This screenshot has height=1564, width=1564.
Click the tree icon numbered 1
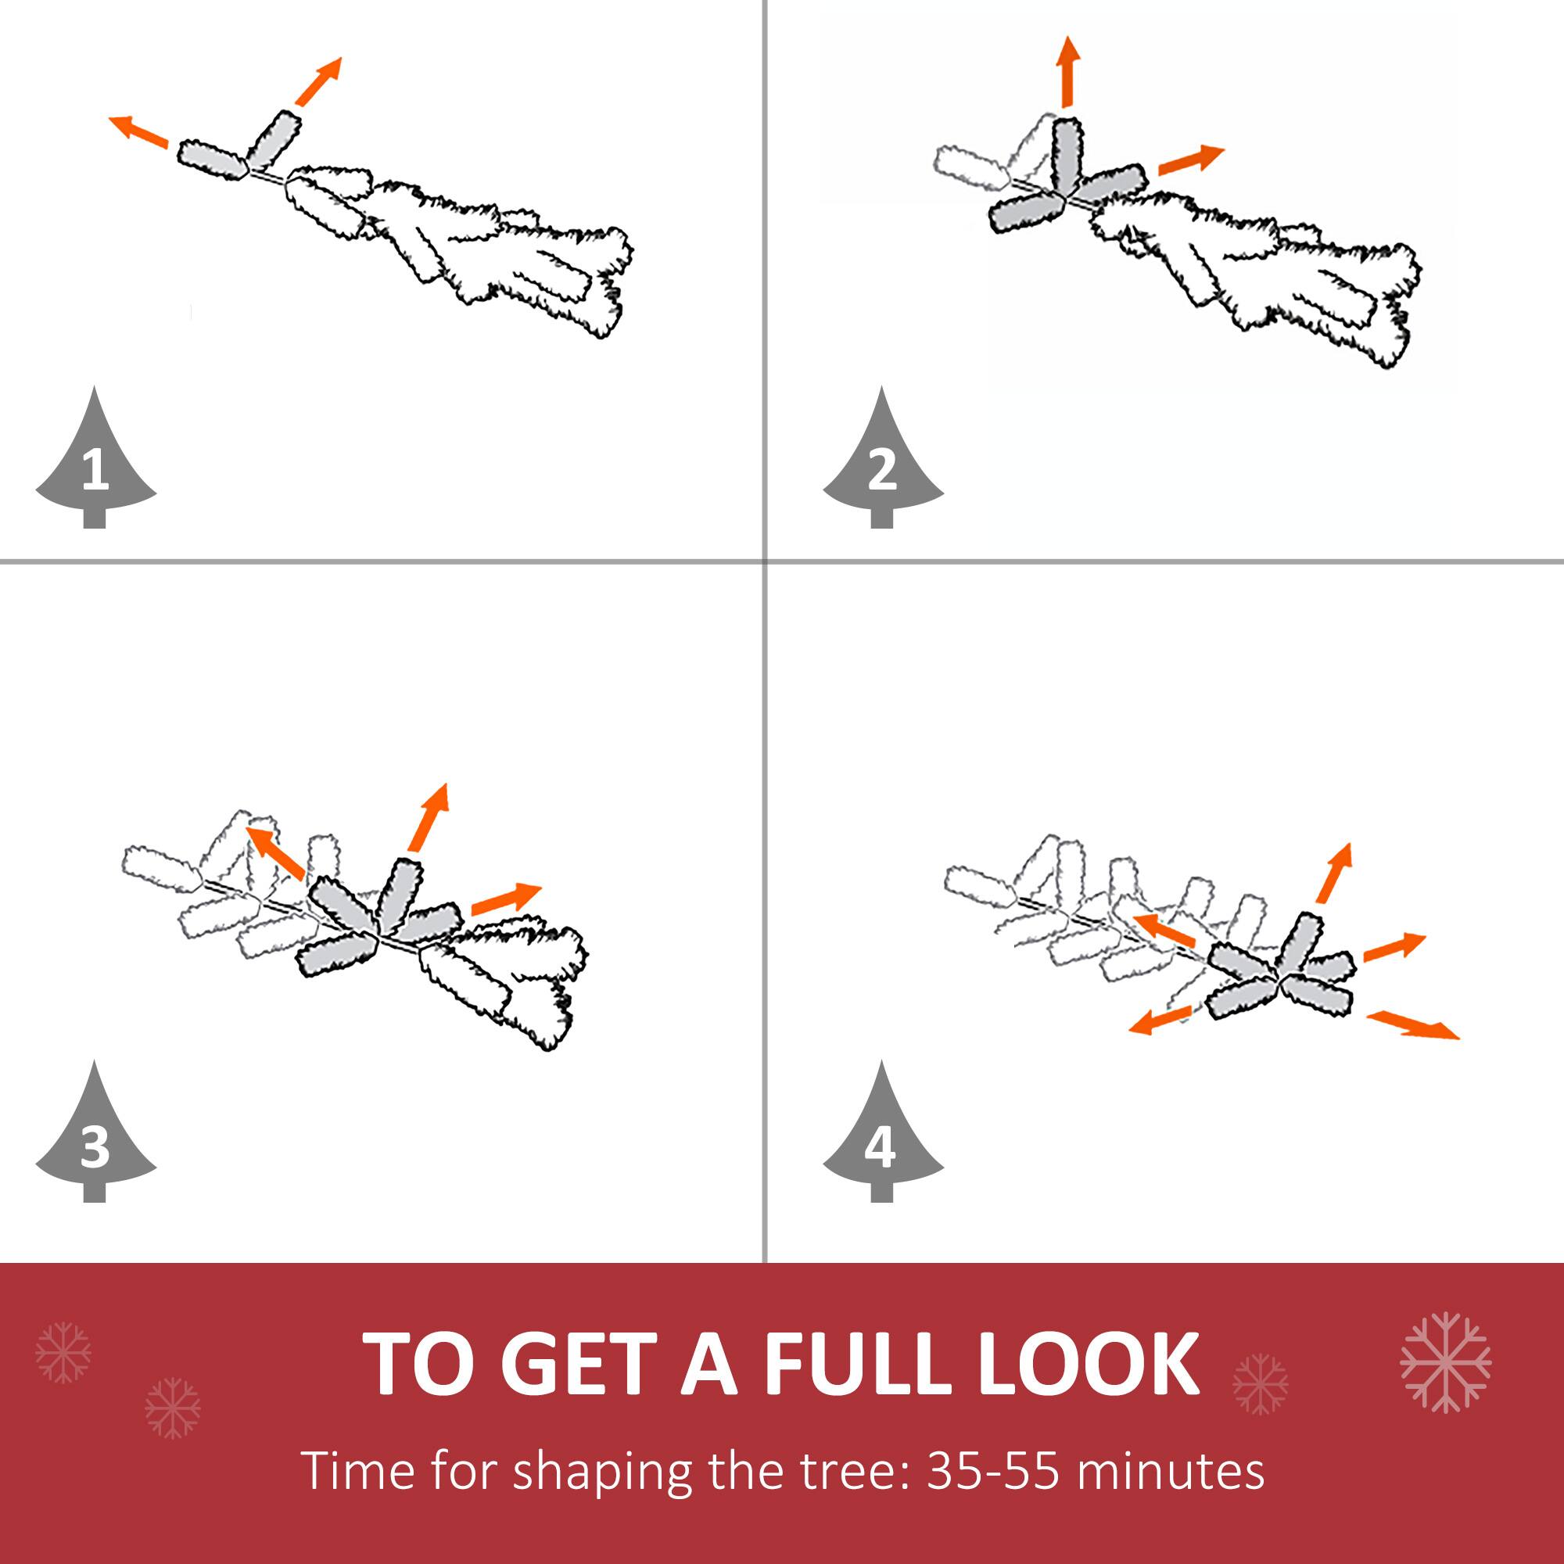(x=95, y=461)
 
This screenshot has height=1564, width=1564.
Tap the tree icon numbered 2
(x=882, y=461)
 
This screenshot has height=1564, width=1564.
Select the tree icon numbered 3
(x=95, y=1135)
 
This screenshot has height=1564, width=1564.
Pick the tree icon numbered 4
(x=882, y=1135)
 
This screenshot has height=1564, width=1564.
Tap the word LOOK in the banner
(x=1089, y=1364)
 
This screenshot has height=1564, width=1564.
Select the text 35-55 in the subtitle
(x=992, y=1470)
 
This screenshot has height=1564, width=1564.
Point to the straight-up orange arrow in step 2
(x=1069, y=71)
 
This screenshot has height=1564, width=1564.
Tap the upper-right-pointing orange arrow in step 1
(x=318, y=81)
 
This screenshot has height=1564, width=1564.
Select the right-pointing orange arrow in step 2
(x=1191, y=160)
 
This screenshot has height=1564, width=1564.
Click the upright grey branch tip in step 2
(x=1067, y=154)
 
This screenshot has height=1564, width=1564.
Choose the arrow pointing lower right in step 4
(x=1412, y=1025)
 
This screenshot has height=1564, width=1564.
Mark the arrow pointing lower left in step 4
(x=1160, y=1020)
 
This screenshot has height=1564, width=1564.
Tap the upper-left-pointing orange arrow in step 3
(x=274, y=852)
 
